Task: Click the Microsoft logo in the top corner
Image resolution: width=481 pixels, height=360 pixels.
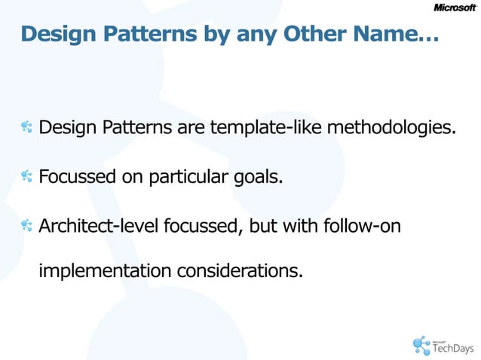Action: click(455, 8)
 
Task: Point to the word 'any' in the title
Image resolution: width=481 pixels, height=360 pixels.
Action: click(268, 35)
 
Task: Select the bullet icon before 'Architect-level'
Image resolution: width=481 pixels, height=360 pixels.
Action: click(27, 225)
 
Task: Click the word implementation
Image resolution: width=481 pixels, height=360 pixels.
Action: click(104, 270)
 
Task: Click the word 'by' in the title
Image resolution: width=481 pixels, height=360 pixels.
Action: click(229, 35)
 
